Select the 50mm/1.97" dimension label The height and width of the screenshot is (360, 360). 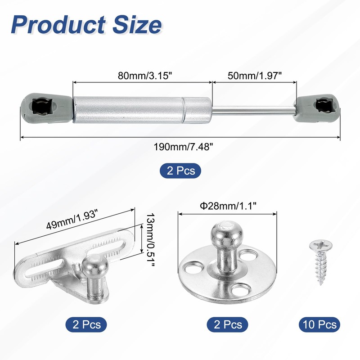[x=255, y=75]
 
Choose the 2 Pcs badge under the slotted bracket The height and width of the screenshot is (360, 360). [x=86, y=324]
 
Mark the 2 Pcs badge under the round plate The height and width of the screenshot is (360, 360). [x=225, y=324]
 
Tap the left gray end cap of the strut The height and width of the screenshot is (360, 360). [x=47, y=107]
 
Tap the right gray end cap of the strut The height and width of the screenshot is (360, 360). [x=318, y=107]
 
